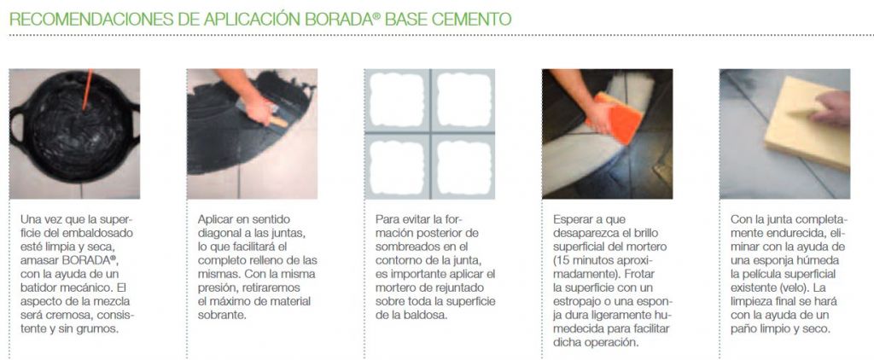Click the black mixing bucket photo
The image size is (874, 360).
point(75,134)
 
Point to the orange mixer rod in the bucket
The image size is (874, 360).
point(88,90)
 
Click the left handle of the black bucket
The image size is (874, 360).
point(17,129)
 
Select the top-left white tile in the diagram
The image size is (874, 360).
point(397,100)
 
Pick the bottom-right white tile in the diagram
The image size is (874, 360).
point(463,168)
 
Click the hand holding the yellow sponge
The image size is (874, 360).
point(830,108)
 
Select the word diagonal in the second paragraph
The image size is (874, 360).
point(221,233)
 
